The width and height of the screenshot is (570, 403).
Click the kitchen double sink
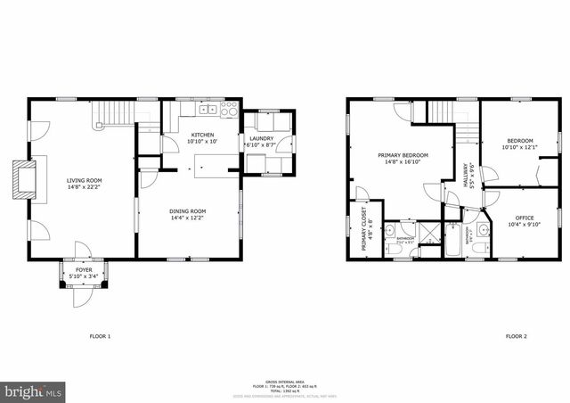click(x=207, y=110)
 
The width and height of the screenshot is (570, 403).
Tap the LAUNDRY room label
click(x=261, y=138)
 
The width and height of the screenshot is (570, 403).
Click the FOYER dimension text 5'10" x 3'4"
click(x=83, y=276)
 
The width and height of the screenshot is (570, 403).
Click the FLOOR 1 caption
click(x=100, y=336)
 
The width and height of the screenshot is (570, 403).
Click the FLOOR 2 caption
click(x=516, y=336)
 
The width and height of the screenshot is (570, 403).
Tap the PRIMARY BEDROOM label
click(x=406, y=155)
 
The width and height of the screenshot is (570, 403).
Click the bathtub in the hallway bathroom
click(x=451, y=238)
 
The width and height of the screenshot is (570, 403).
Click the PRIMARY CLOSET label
click(x=365, y=230)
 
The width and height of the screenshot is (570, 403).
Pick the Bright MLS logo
click(x=34, y=391)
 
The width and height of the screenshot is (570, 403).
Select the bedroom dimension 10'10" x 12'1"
click(x=521, y=147)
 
